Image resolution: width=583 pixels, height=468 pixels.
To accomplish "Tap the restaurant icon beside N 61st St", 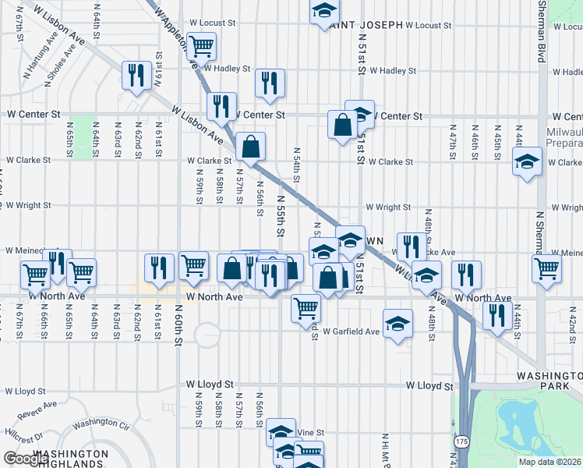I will tap(137, 76).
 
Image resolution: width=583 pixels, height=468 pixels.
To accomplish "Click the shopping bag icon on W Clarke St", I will tap(250, 146).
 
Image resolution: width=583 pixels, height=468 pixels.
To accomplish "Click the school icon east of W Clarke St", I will tap(527, 161).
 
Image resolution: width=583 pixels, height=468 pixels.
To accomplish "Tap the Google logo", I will tap(26, 459).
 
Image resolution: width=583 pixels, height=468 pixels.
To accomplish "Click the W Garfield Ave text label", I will tap(352, 331).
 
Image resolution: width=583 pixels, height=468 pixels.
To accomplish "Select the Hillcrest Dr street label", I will tap(21, 439).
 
